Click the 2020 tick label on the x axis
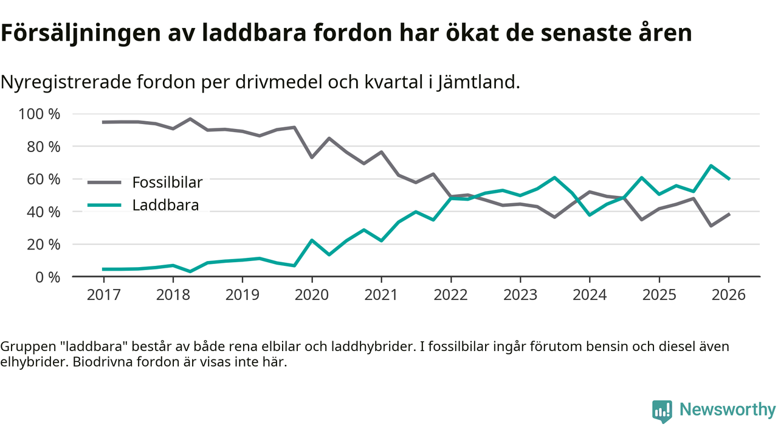pyautogui.click(x=312, y=295)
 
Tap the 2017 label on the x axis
pyautogui.click(x=103, y=295)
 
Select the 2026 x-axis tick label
pyautogui.click(x=729, y=295)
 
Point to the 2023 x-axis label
pyautogui.click(x=520, y=295)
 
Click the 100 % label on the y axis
pyautogui.click(x=40, y=114)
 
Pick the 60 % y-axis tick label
pyautogui.click(x=43, y=179)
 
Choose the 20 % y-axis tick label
pyautogui.click(x=43, y=245)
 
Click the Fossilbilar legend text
pyautogui.click(x=167, y=182)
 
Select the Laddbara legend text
pyautogui.click(x=165, y=205)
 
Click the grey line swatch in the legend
pyautogui.click(x=105, y=182)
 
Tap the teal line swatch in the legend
pyautogui.click(x=105, y=205)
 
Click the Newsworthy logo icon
pyautogui.click(x=662, y=411)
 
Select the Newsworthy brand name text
pyautogui.click(x=728, y=409)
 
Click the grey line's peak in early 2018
pyautogui.click(x=190, y=119)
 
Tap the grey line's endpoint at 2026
pyautogui.click(x=729, y=214)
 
